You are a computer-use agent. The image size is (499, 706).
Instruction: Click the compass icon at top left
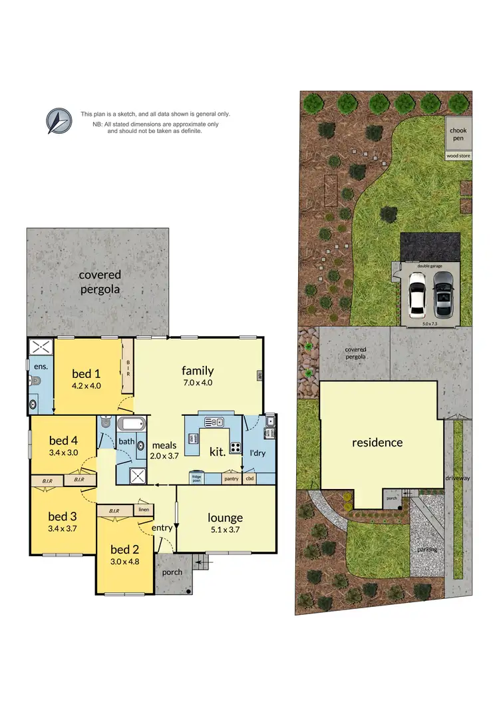[59, 121]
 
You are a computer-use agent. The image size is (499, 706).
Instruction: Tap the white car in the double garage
[417, 298]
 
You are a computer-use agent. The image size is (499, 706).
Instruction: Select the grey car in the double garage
[442, 299]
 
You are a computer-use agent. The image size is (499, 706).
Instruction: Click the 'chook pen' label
[458, 134]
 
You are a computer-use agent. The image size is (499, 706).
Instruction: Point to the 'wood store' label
[458, 156]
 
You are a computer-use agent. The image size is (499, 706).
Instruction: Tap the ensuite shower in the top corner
[41, 347]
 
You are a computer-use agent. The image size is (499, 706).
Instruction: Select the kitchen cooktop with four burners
[236, 446]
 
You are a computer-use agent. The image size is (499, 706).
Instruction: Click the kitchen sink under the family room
[214, 422]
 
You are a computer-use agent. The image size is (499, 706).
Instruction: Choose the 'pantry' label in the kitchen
[231, 478]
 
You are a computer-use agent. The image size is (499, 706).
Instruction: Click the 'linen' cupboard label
[144, 510]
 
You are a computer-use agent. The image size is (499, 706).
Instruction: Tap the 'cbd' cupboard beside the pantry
[250, 478]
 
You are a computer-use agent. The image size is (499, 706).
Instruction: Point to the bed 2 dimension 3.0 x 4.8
[125, 561]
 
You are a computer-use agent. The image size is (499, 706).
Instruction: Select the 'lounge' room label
[225, 518]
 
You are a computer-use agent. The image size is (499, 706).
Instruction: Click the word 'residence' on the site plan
[377, 442]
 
